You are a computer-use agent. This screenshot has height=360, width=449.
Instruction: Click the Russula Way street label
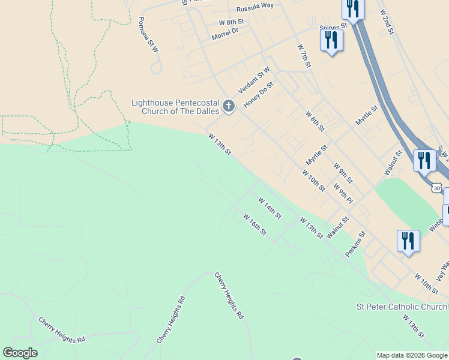(255, 6)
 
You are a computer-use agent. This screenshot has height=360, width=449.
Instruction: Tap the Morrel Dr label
(224, 34)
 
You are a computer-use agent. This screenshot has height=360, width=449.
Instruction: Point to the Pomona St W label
(148, 34)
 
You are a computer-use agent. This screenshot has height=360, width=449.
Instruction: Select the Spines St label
(334, 26)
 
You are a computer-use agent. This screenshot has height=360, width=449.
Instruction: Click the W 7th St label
(306, 55)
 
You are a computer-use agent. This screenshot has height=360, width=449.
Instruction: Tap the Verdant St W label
(254, 80)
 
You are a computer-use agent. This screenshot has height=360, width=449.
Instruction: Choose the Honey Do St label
(259, 95)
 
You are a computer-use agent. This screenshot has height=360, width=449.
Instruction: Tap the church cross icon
(228, 107)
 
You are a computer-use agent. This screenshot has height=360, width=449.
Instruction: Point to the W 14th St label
(270, 208)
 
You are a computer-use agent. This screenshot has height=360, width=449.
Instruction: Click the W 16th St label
(255, 224)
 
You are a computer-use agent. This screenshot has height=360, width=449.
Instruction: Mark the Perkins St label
(355, 245)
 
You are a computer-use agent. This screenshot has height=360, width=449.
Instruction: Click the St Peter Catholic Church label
(402, 307)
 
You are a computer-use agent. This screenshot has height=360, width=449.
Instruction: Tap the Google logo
(20, 353)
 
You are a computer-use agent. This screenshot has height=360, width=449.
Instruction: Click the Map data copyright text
(412, 355)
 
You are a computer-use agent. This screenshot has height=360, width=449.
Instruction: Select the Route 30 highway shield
(436, 188)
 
